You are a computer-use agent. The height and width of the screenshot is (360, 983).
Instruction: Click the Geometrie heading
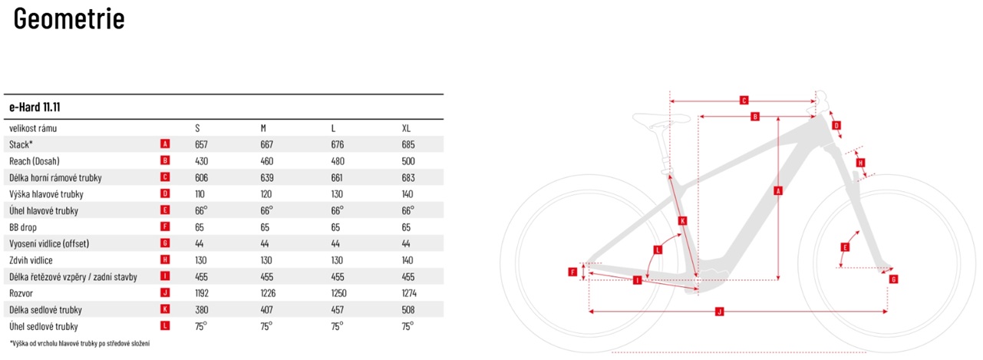[x=69, y=19]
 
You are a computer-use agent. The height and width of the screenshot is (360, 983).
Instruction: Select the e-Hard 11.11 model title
[x=35, y=107]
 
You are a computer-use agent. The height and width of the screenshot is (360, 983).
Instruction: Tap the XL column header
[x=407, y=128]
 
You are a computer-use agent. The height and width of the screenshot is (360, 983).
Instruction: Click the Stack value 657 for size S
[x=201, y=144]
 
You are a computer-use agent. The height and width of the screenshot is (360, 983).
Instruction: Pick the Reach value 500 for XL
[x=408, y=161]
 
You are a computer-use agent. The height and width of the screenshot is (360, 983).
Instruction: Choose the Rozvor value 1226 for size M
[x=268, y=293]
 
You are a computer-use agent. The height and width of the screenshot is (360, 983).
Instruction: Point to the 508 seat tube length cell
[x=408, y=310]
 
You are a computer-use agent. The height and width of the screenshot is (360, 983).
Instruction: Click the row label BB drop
[x=23, y=227]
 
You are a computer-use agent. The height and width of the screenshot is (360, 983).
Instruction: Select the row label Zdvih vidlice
[x=31, y=260]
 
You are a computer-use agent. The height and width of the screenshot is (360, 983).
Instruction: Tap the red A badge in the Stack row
[x=165, y=144]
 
